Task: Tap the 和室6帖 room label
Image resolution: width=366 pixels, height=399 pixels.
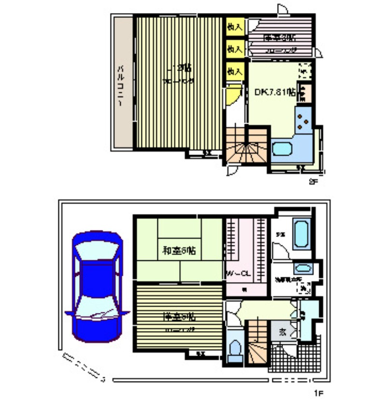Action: (179, 251)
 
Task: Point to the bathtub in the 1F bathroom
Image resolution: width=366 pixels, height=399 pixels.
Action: (300, 234)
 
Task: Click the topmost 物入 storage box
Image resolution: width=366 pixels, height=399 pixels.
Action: (235, 27)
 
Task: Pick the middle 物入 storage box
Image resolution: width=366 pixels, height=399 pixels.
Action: (235, 49)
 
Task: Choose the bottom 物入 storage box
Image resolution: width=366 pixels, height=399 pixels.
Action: (235, 71)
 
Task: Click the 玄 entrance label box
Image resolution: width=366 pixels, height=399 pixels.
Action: (282, 332)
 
